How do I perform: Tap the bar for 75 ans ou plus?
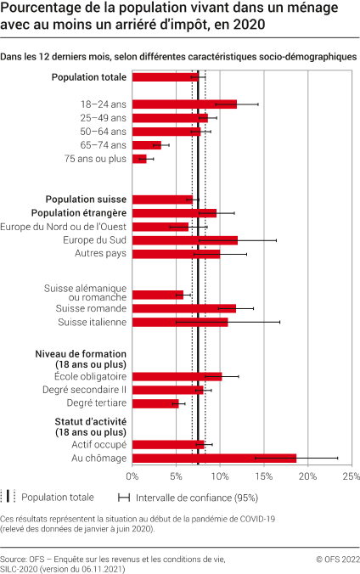139,159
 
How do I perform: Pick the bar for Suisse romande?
183,308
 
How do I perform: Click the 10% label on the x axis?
219,477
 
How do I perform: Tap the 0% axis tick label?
132,477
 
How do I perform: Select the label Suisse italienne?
92,323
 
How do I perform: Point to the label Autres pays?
100,254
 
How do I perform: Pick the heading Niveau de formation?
81,353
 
